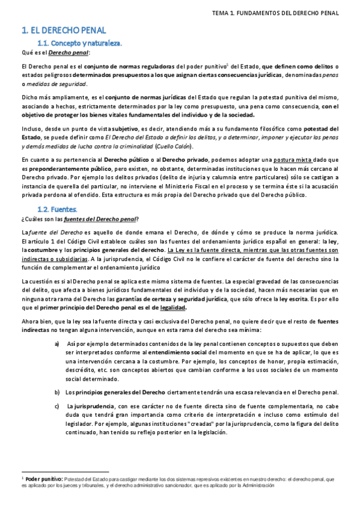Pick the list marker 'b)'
pyautogui.click(x=56, y=392)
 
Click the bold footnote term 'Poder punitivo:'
pyautogui.click(x=43, y=479)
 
